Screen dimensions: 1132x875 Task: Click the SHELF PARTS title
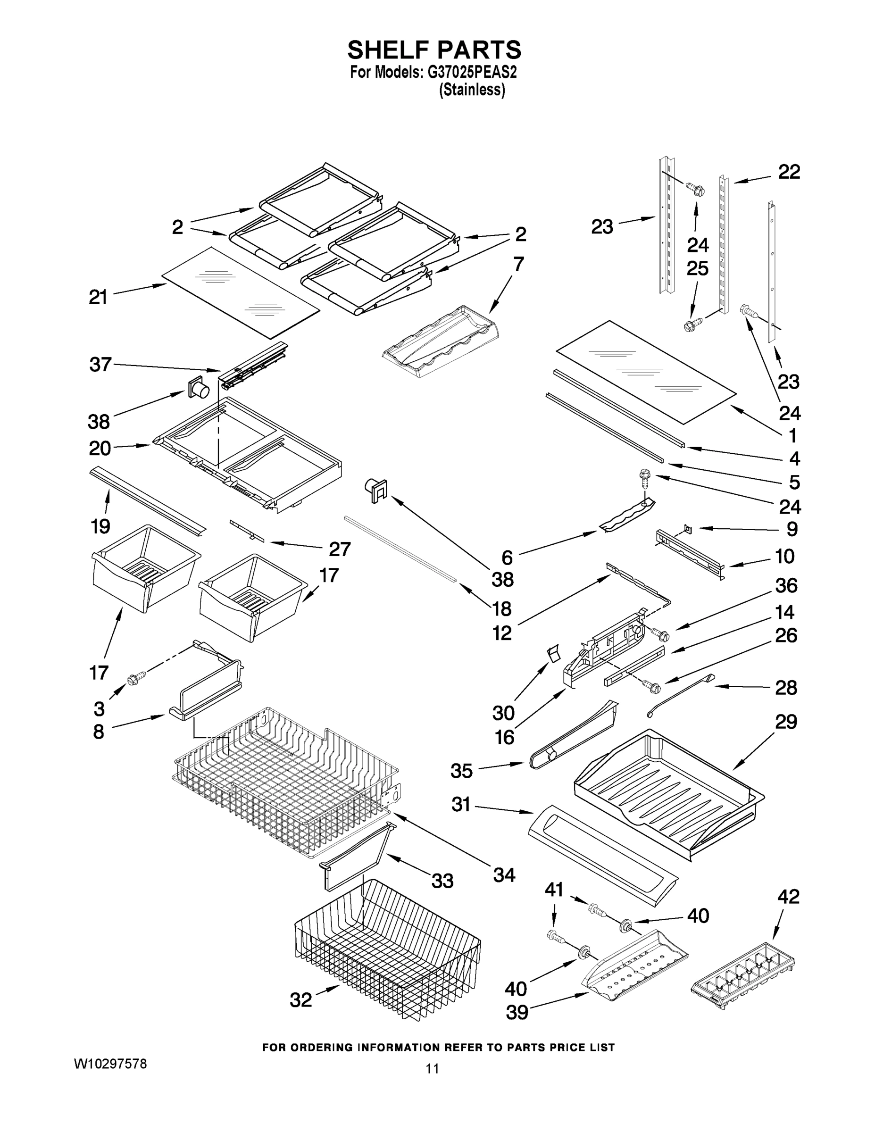tap(434, 50)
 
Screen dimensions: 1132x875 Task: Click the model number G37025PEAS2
tap(472, 73)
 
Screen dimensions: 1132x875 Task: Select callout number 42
tap(788, 897)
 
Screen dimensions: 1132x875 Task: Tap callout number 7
tap(518, 264)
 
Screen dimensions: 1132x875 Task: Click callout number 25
tap(697, 268)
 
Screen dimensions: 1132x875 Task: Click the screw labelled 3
tap(137, 676)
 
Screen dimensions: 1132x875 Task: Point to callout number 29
tap(786, 722)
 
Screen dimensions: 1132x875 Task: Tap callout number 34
tap(504, 875)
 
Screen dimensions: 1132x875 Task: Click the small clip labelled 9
tap(687, 528)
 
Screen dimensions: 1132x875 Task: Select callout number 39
tap(517, 1012)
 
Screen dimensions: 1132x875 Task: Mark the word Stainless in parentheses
tap(472, 90)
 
